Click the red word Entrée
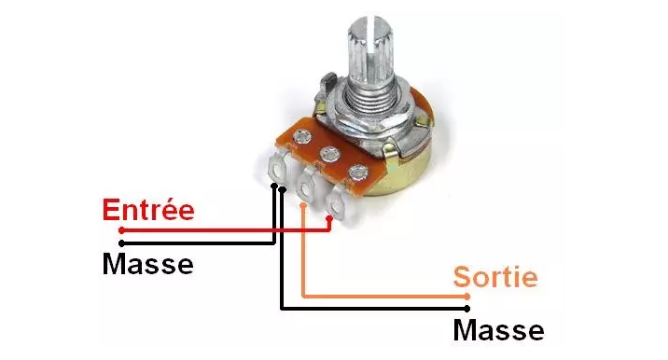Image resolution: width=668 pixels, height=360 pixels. click(x=148, y=209)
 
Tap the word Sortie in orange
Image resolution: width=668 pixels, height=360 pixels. click(x=495, y=277)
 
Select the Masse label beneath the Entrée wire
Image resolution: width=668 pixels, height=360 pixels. click(x=147, y=264)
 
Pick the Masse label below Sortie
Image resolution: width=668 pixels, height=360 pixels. click(x=498, y=330)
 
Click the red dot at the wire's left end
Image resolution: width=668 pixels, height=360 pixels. click(x=122, y=230)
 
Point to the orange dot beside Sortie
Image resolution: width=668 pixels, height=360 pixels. click(x=467, y=297)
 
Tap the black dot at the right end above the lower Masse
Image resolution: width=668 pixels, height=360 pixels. click(x=467, y=309)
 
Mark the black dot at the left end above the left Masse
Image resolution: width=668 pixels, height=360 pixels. click(x=122, y=243)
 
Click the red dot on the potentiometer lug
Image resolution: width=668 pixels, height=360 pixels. click(x=329, y=219)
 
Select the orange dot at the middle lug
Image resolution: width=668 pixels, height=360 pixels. click(x=303, y=205)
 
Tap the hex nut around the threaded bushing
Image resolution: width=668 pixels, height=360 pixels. click(x=367, y=120)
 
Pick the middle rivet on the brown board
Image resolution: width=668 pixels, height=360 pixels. click(x=329, y=154)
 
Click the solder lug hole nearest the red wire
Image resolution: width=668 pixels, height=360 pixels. click(x=336, y=206)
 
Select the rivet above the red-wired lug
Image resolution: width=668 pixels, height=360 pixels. click(x=358, y=173)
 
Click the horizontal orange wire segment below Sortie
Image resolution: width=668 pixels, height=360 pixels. click(x=385, y=296)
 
